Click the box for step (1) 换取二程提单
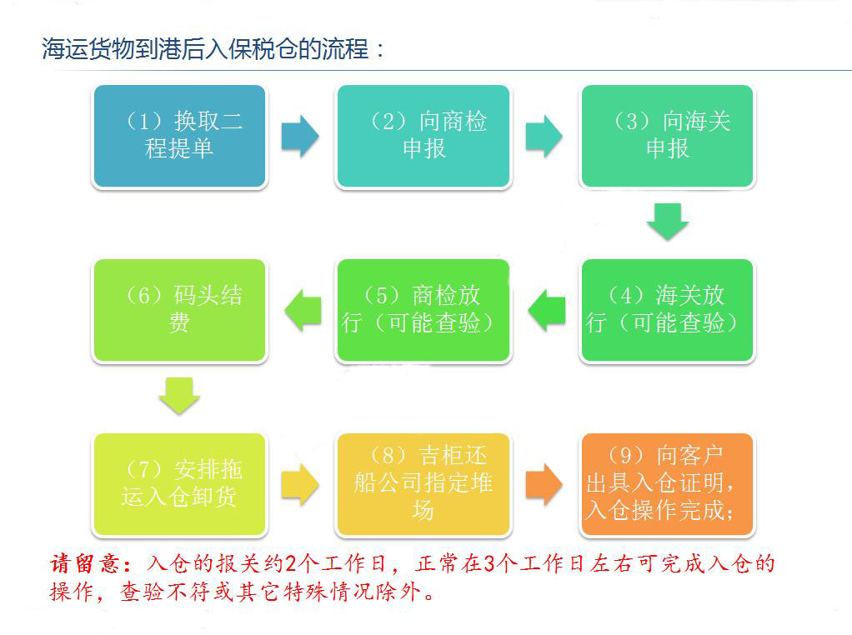point(179,136)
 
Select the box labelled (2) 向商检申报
point(423,136)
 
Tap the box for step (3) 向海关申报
point(667,136)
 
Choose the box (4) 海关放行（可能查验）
point(667,310)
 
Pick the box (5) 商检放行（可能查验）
point(423,310)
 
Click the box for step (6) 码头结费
point(179,310)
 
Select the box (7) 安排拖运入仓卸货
point(179,484)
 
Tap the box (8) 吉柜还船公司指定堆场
point(423,484)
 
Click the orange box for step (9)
point(667,484)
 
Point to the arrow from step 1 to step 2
point(300,136)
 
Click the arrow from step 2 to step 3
point(544,136)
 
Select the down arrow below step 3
point(668,222)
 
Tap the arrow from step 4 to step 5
point(546,310)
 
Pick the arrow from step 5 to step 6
point(302,310)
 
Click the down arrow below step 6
point(179,396)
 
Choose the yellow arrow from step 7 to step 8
point(300,484)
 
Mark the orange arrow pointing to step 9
point(544,484)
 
